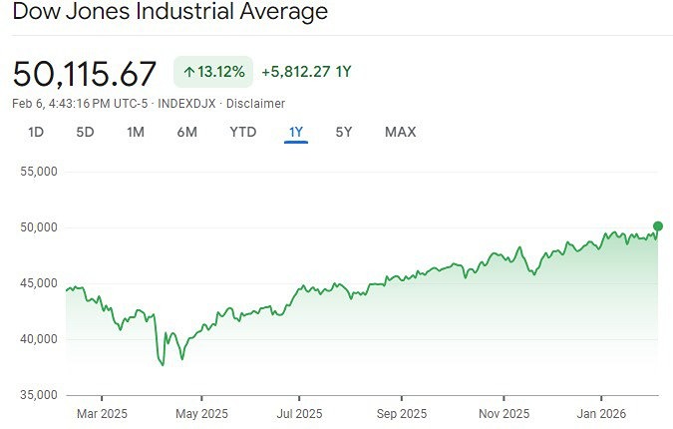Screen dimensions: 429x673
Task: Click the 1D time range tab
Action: click(36, 132)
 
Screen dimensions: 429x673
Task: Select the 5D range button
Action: click(86, 132)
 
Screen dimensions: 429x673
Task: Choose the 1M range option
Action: click(136, 132)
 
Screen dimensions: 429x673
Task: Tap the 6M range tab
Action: click(186, 132)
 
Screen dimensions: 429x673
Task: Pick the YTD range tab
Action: click(242, 132)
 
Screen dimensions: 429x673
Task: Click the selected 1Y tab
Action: click(296, 132)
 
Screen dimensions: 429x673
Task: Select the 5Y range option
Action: click(343, 132)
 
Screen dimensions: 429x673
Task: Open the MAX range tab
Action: click(400, 132)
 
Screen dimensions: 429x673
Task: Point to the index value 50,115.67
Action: click(85, 73)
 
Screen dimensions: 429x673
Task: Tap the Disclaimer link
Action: click(255, 104)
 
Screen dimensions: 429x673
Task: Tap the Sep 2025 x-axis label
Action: click(401, 413)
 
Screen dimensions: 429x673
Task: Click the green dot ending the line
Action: click(658, 225)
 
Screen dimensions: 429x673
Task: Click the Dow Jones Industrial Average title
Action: click(169, 13)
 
